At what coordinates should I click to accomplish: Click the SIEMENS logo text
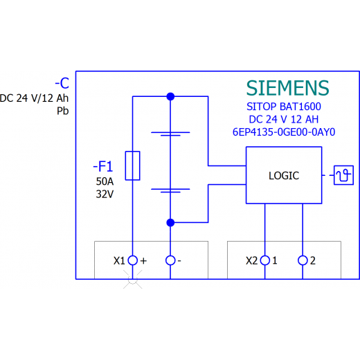(x=287, y=88)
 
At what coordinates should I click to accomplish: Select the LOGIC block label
(x=284, y=176)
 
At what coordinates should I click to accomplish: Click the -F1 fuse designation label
(x=103, y=166)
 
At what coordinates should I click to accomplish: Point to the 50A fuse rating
(x=105, y=181)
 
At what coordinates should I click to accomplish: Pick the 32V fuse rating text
(x=105, y=195)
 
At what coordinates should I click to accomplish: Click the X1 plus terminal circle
(x=133, y=260)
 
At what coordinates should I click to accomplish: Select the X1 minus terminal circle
(x=170, y=260)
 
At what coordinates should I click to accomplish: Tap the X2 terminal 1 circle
(x=265, y=260)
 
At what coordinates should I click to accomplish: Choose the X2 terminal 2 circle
(x=303, y=260)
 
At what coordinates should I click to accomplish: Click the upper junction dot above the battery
(x=170, y=96)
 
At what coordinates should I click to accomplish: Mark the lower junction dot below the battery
(x=170, y=223)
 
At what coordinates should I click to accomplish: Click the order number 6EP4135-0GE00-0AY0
(x=284, y=132)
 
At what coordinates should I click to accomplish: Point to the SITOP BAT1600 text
(x=284, y=107)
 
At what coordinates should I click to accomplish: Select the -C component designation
(x=62, y=83)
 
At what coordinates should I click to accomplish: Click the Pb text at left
(x=63, y=111)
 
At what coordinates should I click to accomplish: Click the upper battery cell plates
(x=170, y=134)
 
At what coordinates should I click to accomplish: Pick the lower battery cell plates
(x=170, y=190)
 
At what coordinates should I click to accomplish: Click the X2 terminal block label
(x=252, y=261)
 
